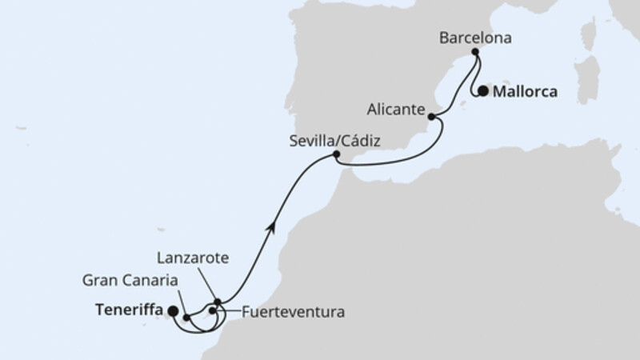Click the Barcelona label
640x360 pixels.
tap(476, 37)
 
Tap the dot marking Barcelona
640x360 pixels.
tap(475, 52)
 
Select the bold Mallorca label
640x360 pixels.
tap(524, 91)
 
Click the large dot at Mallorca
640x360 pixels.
tap(483, 91)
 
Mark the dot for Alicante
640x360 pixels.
tap(433, 117)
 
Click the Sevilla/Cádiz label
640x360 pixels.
tap(335, 141)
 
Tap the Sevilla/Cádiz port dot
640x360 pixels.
tap(336, 154)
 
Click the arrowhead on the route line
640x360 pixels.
tap(274, 226)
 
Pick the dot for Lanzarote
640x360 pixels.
tap(217, 302)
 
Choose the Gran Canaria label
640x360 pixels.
tap(130, 280)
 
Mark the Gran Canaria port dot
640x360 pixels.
tap(186, 318)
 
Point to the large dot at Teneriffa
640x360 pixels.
tap(173, 313)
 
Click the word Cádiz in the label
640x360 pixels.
tap(359, 141)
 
